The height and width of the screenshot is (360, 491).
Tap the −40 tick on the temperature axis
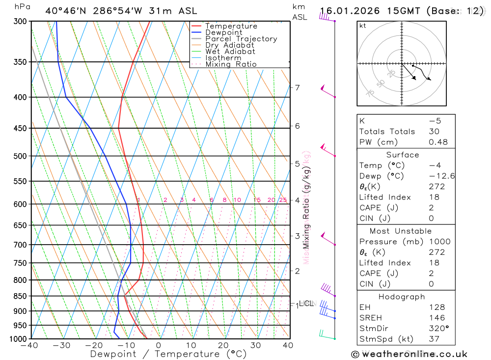coord(29,345)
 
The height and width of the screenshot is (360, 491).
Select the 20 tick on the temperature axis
coord(223,345)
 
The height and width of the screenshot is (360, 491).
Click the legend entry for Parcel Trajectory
coord(241,39)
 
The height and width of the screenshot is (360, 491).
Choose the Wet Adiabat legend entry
coord(230,52)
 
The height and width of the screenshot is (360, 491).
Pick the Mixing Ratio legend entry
coord(231,64)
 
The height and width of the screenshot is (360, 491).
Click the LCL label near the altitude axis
coord(306,304)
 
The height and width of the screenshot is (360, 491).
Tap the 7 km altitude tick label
coord(298,88)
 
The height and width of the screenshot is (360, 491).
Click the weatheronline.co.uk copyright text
coord(409,354)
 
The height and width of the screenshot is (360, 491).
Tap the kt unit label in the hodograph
coord(363,26)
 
